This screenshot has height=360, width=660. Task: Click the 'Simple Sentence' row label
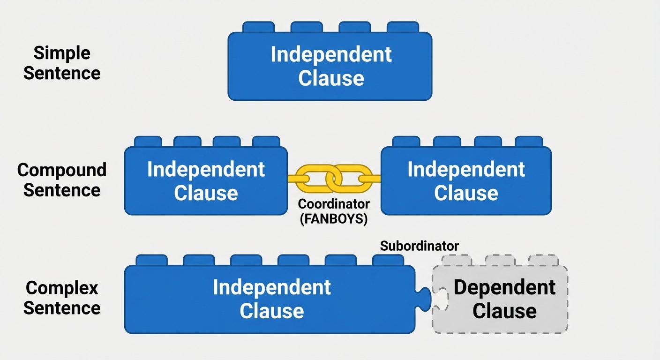(x=62, y=63)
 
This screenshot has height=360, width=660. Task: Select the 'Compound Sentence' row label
(x=62, y=180)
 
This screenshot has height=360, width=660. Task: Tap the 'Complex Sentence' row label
(x=62, y=298)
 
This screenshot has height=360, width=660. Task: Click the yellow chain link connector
(x=334, y=179)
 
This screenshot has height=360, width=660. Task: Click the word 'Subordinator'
(x=419, y=246)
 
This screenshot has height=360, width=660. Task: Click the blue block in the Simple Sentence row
(x=330, y=66)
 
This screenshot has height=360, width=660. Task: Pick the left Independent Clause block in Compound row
(x=206, y=181)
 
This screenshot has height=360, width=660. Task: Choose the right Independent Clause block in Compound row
(x=466, y=181)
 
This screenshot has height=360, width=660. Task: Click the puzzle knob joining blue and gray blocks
(x=425, y=299)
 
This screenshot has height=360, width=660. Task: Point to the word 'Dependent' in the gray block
(x=504, y=287)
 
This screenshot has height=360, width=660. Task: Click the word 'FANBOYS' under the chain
(x=334, y=218)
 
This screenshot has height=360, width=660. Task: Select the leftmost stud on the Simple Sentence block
(x=258, y=27)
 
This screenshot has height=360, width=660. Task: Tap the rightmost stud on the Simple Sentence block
(x=403, y=27)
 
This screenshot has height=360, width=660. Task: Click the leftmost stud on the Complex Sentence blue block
(x=151, y=260)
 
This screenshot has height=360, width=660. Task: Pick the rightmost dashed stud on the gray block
(x=543, y=260)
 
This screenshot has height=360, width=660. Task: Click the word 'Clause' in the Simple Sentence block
(x=331, y=78)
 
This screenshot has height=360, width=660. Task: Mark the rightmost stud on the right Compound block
(x=529, y=142)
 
